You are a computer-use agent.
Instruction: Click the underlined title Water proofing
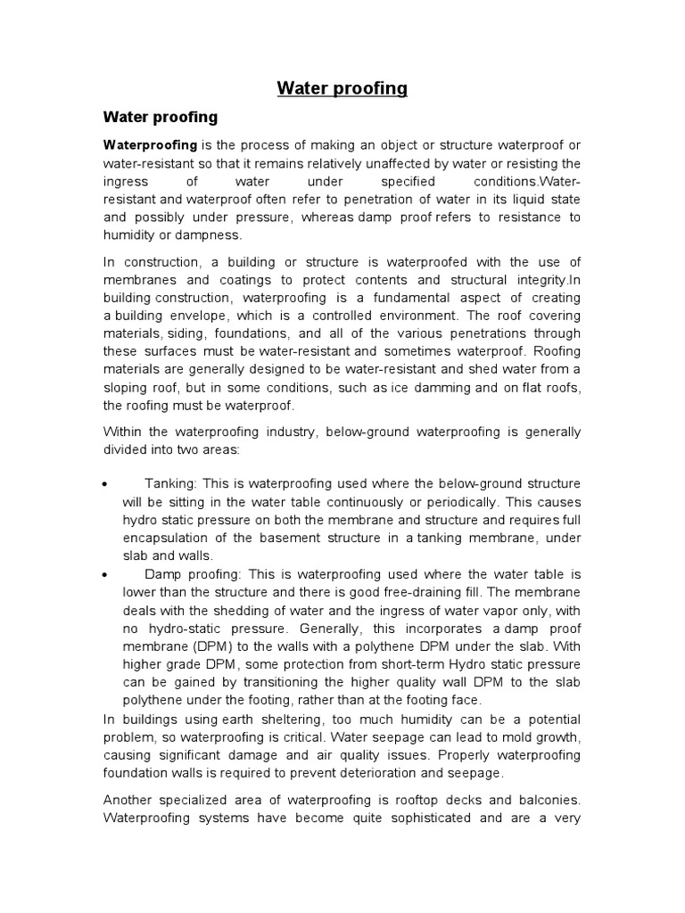[342, 87]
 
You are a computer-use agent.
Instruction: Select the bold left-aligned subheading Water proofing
[161, 117]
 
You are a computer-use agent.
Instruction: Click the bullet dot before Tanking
[106, 484]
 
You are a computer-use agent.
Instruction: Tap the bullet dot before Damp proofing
[106, 574]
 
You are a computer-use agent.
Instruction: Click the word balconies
[545, 800]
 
